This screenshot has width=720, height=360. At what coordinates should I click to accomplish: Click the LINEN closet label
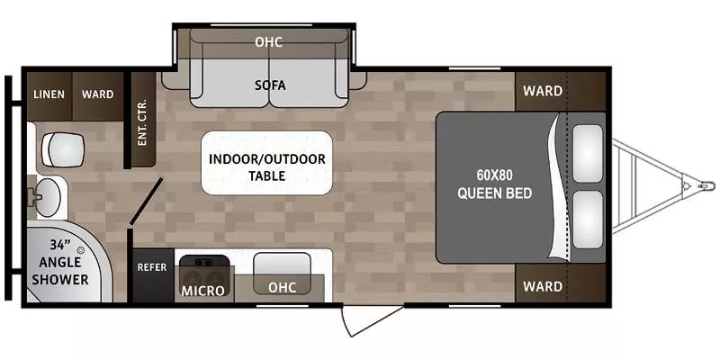(x=47, y=94)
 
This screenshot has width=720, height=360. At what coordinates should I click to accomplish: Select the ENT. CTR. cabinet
(x=142, y=122)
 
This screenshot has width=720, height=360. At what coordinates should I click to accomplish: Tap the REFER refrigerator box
(x=152, y=267)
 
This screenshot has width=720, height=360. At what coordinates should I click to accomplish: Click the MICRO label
(x=202, y=291)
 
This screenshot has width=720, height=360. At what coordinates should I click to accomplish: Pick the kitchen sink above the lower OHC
(x=282, y=266)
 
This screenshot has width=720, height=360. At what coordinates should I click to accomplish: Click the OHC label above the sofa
(x=269, y=41)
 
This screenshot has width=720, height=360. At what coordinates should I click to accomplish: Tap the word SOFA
(x=269, y=85)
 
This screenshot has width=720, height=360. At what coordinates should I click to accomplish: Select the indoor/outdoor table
(x=267, y=164)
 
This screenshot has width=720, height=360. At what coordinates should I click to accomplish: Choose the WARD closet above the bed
(x=543, y=91)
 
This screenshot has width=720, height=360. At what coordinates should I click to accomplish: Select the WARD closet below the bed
(x=543, y=287)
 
